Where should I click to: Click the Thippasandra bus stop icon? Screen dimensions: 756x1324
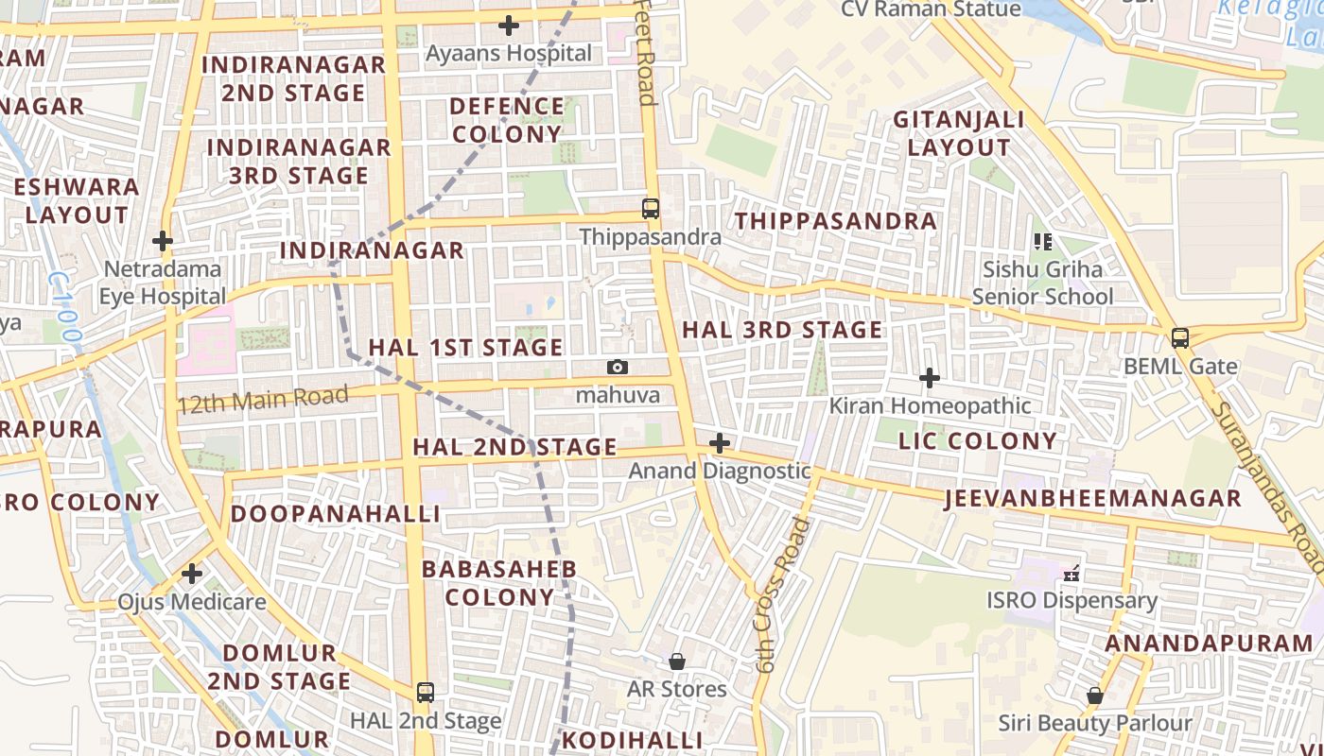click(651, 209)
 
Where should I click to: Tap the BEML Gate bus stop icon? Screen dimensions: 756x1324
click(1180, 337)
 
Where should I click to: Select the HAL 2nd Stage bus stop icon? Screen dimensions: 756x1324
click(426, 692)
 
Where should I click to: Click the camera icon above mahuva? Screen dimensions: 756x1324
click(618, 367)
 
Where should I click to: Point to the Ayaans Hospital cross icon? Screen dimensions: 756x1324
click(509, 26)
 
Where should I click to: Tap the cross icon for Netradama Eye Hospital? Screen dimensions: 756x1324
click(163, 241)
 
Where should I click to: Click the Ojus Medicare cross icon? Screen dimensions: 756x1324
click(192, 574)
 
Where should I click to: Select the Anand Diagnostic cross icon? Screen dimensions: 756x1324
click(720, 442)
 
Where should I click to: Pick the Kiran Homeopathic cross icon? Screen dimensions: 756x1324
click(930, 378)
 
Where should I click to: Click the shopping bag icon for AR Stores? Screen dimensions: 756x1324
click(677, 661)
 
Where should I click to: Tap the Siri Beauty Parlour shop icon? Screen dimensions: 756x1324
click(1095, 696)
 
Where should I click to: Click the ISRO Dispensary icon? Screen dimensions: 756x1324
click(1071, 573)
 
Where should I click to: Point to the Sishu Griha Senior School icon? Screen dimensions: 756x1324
click(1043, 242)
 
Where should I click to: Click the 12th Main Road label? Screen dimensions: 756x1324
click(263, 399)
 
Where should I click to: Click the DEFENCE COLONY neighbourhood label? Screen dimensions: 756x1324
click(507, 120)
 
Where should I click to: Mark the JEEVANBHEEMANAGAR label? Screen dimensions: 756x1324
click(1092, 499)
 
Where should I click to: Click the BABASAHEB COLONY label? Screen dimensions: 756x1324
click(499, 583)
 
